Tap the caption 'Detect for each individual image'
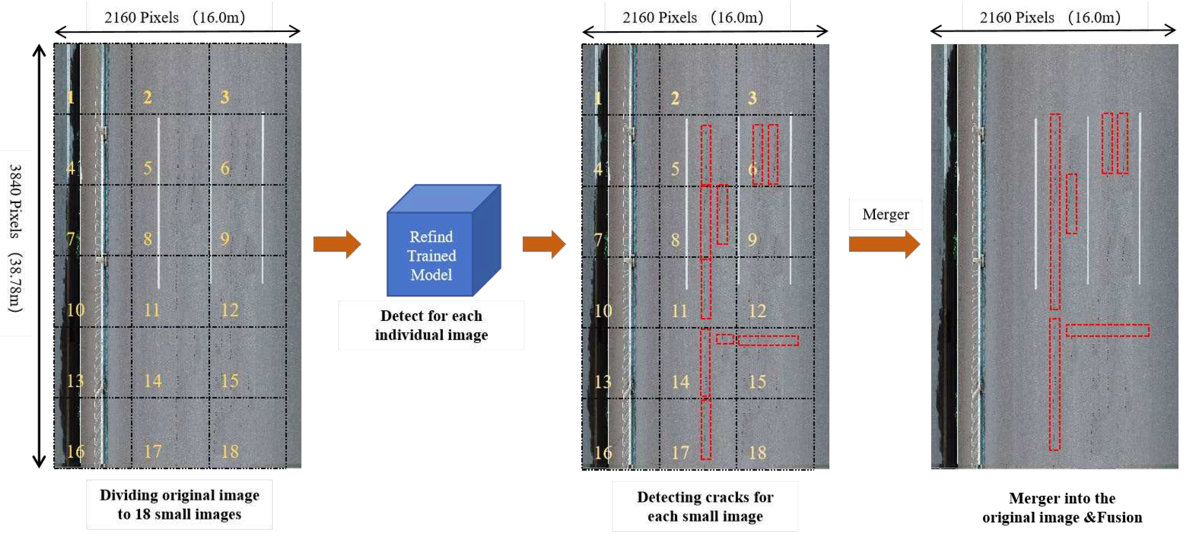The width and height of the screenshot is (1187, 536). pyautogui.click(x=431, y=325)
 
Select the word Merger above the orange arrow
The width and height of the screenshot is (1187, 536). pyautogui.click(x=885, y=214)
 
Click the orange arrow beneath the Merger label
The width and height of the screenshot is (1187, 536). pyautogui.click(x=884, y=244)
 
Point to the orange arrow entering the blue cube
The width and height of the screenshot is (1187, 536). pyautogui.click(x=337, y=244)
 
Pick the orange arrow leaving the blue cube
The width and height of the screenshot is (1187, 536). pyautogui.click(x=544, y=244)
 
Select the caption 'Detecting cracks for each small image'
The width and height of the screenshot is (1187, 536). pyautogui.click(x=705, y=506)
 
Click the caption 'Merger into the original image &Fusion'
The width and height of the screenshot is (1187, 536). pyautogui.click(x=1062, y=507)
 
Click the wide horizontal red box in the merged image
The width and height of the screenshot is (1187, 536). pyautogui.click(x=1107, y=330)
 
